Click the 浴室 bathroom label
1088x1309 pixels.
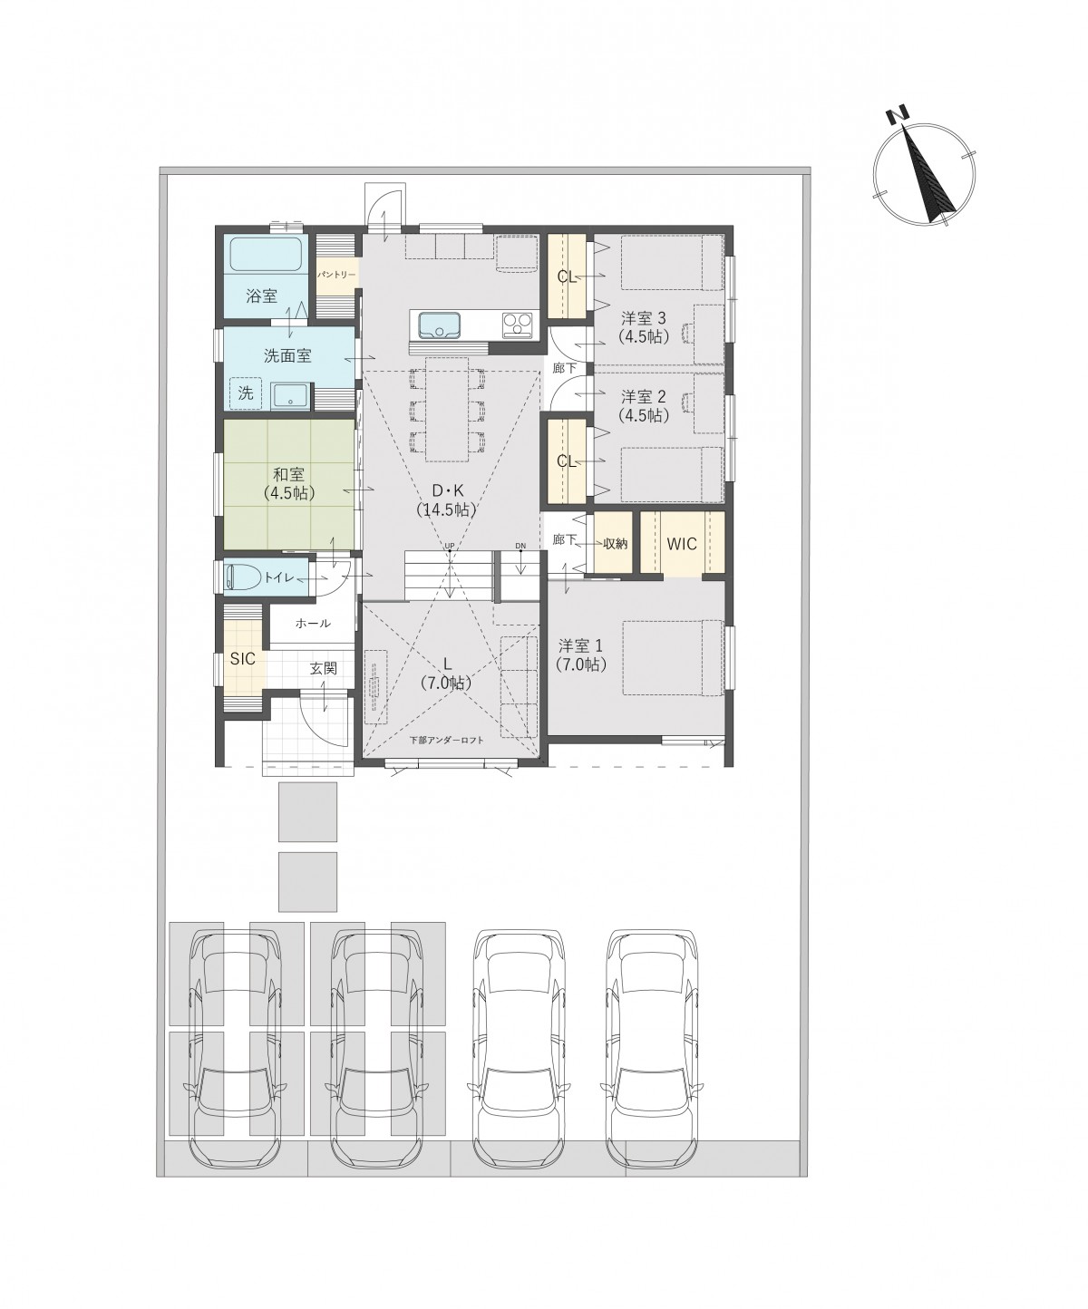(x=261, y=296)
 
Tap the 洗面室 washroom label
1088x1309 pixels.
(x=287, y=356)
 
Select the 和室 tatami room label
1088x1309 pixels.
(x=288, y=473)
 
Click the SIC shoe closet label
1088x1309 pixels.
(x=243, y=659)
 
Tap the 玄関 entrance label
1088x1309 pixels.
(x=323, y=668)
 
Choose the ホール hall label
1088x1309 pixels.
(x=312, y=623)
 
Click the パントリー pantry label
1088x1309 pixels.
(x=336, y=275)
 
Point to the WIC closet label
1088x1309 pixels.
(x=682, y=544)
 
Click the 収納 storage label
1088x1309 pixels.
(x=616, y=544)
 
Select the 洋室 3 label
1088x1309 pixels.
(x=644, y=318)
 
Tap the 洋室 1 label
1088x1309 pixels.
(x=580, y=645)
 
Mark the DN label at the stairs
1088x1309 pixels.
(x=520, y=546)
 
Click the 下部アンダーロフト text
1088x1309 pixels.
(x=446, y=741)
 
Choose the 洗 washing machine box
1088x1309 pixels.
(x=246, y=393)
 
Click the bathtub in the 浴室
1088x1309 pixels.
(x=267, y=255)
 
